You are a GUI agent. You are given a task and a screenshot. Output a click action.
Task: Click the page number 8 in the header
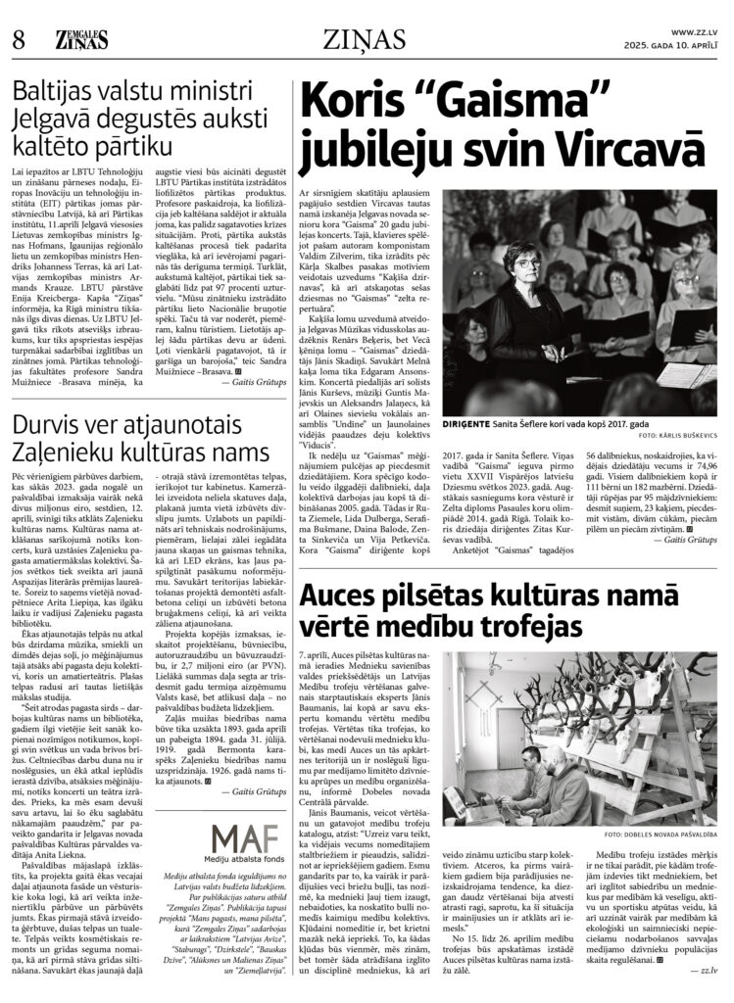point(18,40)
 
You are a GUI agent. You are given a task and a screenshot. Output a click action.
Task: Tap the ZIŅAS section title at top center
point(367,40)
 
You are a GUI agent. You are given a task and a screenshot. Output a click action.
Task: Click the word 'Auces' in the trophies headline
point(343,541)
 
